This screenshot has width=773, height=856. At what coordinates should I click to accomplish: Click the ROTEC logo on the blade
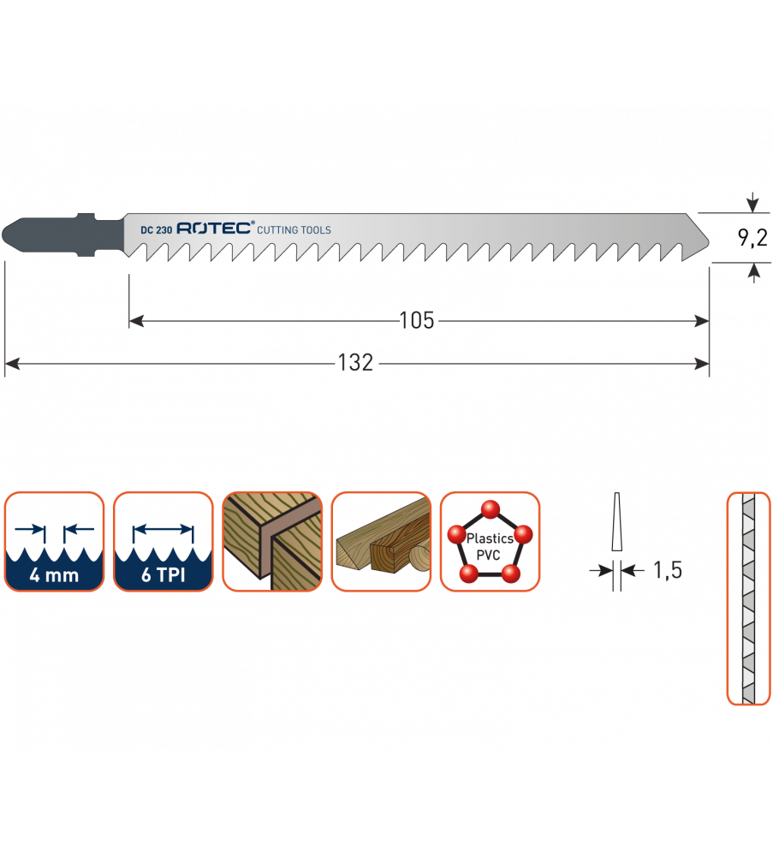(215, 229)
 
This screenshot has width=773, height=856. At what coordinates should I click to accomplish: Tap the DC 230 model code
(157, 229)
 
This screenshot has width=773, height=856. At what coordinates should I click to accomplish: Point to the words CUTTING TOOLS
(294, 230)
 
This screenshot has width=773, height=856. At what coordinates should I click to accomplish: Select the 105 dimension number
(417, 321)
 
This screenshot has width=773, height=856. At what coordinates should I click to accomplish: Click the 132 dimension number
(356, 363)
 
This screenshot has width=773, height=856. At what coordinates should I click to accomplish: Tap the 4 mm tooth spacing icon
(54, 542)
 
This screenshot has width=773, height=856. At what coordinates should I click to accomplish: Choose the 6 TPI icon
(163, 542)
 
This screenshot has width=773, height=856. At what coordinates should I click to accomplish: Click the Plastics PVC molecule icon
(490, 542)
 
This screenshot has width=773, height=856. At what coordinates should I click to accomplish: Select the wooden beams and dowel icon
(381, 542)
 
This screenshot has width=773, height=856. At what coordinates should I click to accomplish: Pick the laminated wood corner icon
(272, 542)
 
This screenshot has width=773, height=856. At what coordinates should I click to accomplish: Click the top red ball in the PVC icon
(490, 510)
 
